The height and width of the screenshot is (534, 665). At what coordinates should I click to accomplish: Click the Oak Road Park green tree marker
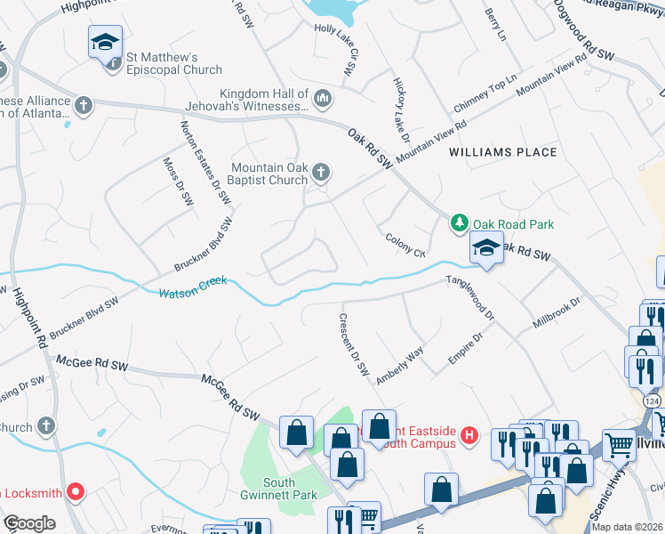click(x=459, y=222)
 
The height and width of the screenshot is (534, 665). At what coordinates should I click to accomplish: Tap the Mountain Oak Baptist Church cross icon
click(x=320, y=171)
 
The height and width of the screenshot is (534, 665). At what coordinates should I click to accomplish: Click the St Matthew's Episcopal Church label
click(x=173, y=64)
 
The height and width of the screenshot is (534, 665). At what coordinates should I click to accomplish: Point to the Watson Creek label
click(x=192, y=287)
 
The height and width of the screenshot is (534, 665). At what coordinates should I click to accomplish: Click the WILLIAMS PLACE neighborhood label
click(x=503, y=152)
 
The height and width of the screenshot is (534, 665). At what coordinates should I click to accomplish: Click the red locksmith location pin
click(x=76, y=490)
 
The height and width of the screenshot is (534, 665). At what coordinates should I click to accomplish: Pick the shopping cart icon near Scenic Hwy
click(x=619, y=443)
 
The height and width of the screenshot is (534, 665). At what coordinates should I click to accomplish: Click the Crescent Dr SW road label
click(x=353, y=344)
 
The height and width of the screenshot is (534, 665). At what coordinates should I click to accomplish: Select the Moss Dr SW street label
click(x=178, y=182)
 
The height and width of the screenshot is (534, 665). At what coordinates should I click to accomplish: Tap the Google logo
click(x=29, y=523)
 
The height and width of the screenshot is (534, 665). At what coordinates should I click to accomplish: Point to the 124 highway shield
click(x=653, y=402)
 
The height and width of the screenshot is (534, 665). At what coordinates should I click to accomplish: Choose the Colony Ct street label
click(x=406, y=246)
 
